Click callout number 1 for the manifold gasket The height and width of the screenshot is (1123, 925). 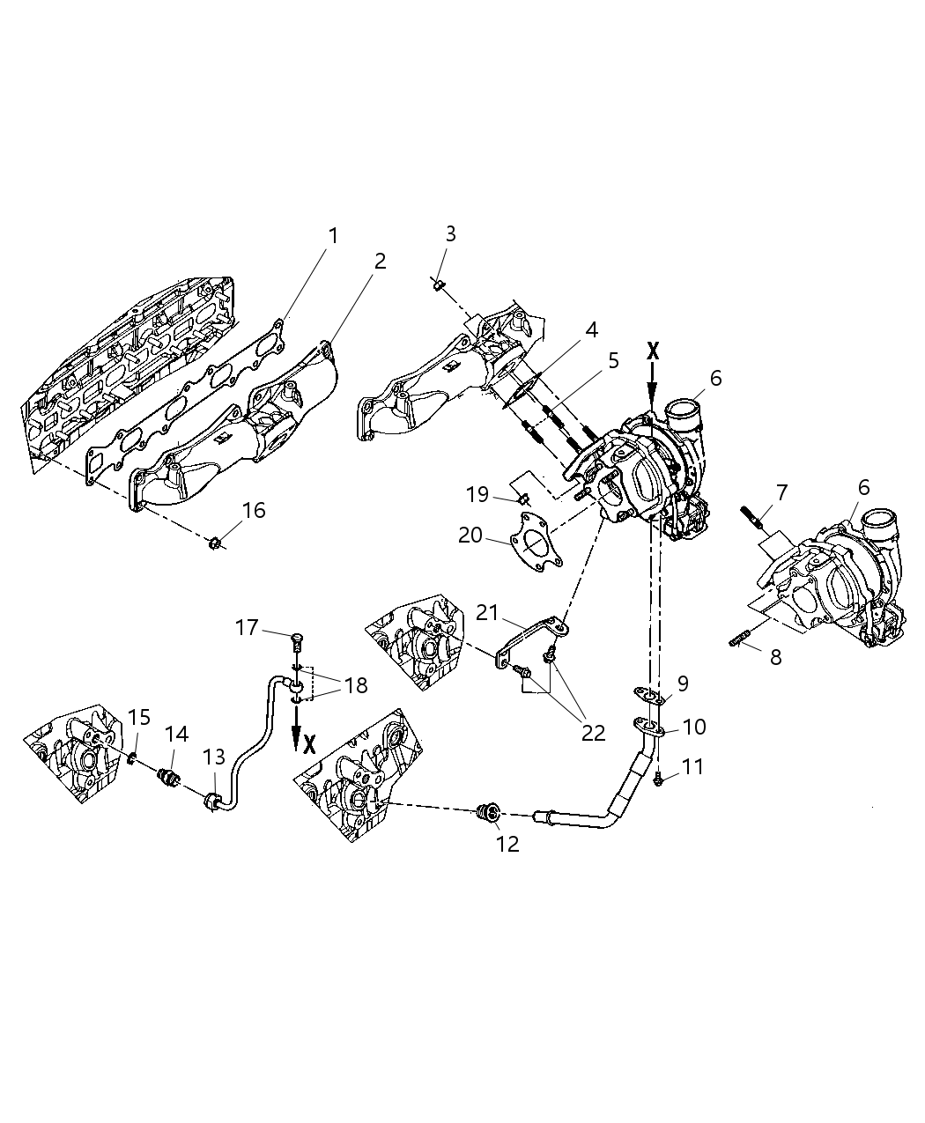[x=333, y=235]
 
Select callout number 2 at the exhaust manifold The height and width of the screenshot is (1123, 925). [x=380, y=261]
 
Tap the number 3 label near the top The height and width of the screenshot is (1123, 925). [x=450, y=233]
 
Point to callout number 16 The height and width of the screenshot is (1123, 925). [x=254, y=511]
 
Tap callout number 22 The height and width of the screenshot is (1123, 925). [x=593, y=731]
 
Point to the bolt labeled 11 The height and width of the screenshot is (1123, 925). [x=659, y=779]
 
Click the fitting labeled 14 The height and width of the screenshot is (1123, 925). [x=168, y=779]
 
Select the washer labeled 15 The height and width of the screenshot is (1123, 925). [x=133, y=758]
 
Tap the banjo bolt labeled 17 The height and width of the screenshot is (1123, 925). [x=297, y=638]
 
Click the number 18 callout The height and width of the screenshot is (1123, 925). [x=355, y=685]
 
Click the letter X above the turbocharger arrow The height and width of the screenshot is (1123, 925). [x=653, y=351]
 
